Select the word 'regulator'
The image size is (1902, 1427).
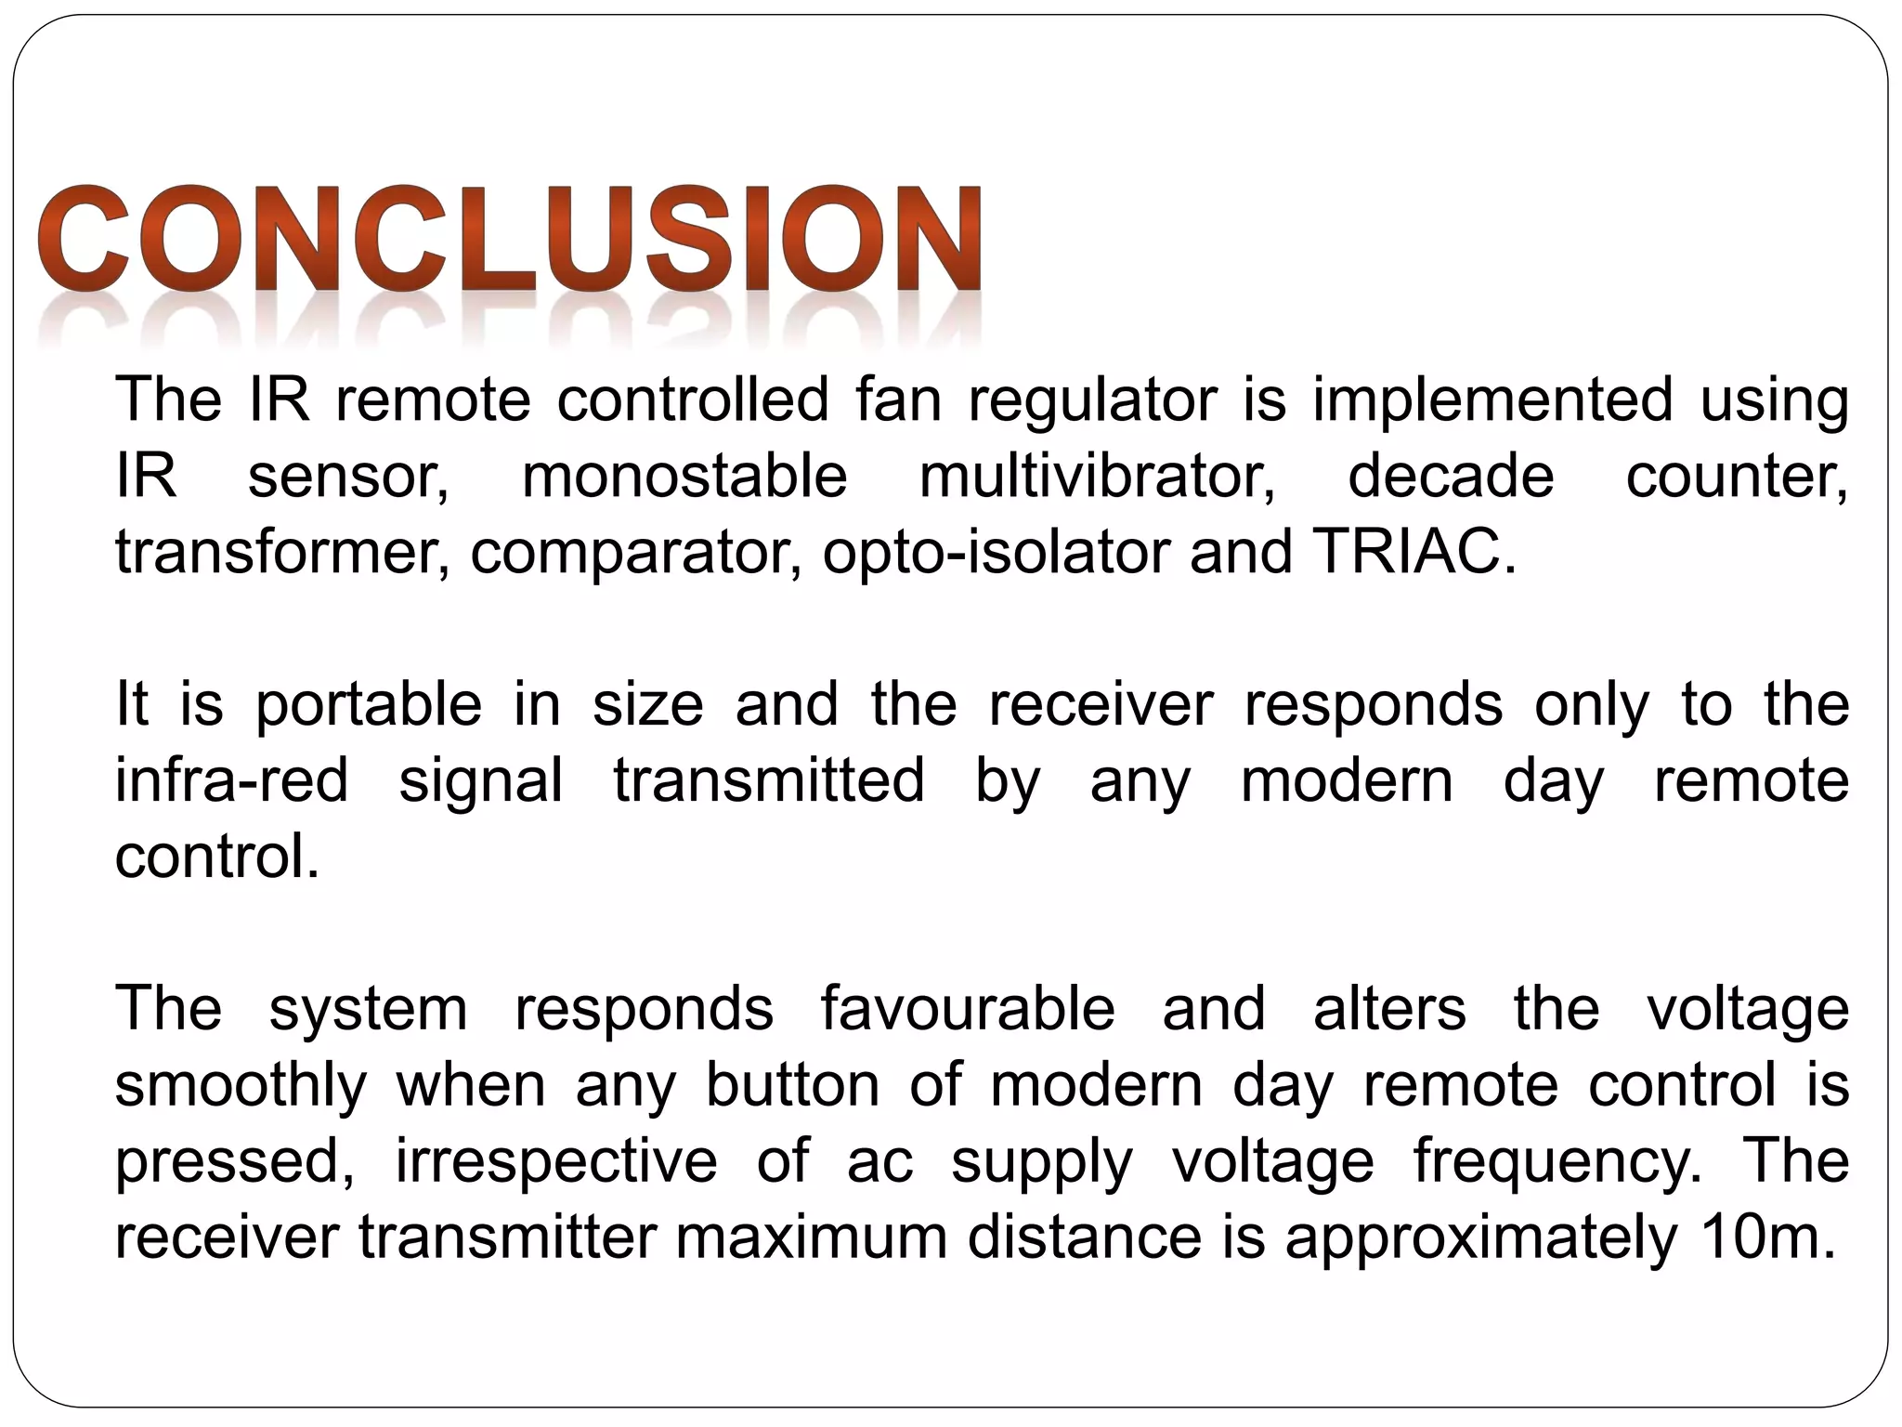pos(1092,401)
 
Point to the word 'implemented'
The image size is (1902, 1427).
pos(1492,401)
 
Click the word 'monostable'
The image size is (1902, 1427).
pos(684,477)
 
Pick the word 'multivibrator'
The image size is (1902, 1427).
pos(1097,477)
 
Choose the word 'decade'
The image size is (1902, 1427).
pos(1451,477)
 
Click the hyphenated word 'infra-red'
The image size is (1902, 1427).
pos(231,780)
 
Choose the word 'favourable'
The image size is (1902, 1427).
pos(968,1009)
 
